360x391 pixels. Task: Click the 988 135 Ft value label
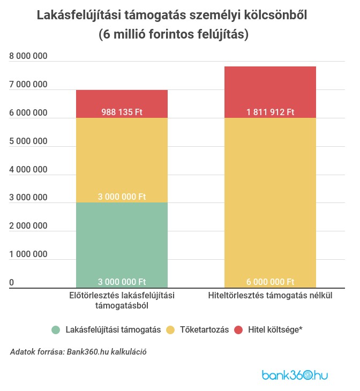click(122, 112)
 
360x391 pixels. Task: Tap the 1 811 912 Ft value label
click(270, 112)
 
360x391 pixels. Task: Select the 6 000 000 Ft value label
click(270, 282)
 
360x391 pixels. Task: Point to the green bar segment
click(122, 244)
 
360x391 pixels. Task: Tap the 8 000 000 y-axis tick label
click(28, 56)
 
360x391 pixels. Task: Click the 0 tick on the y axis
click(11, 282)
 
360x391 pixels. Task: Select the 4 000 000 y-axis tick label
click(28, 169)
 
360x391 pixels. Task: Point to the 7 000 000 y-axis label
click(28, 85)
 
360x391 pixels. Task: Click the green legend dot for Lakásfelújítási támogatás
click(56, 330)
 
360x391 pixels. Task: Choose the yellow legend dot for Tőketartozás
click(171, 330)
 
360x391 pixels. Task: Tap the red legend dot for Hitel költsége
click(239, 330)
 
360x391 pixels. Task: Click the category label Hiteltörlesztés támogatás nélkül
click(270, 296)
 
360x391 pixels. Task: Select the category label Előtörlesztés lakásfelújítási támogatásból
click(122, 300)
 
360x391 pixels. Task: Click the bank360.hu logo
click(295, 375)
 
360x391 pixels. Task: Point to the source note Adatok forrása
click(78, 352)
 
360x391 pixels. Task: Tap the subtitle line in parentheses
click(180, 34)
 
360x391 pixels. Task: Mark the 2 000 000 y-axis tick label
click(28, 226)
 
